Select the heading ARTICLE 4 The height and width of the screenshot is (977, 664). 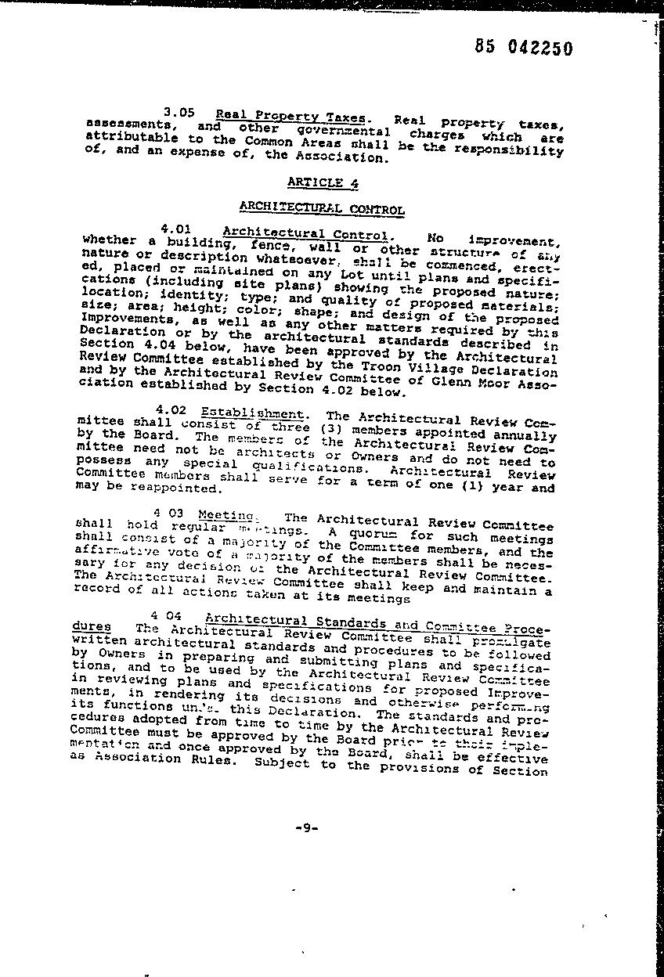tap(316, 182)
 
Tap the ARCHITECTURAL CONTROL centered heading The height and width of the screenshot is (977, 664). tap(321, 208)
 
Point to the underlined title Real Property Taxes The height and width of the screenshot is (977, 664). tap(290, 117)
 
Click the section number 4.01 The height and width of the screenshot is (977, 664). tap(175, 229)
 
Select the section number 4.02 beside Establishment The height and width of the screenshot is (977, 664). tap(171, 409)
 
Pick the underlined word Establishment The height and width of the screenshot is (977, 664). tap(251, 413)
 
